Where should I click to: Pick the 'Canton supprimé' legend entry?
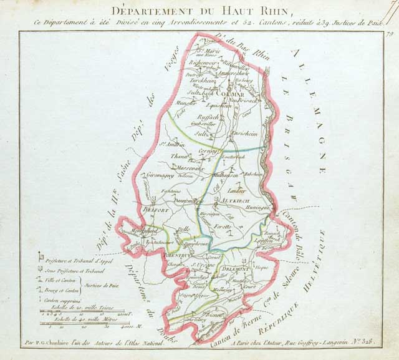click(x=67, y=299)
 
